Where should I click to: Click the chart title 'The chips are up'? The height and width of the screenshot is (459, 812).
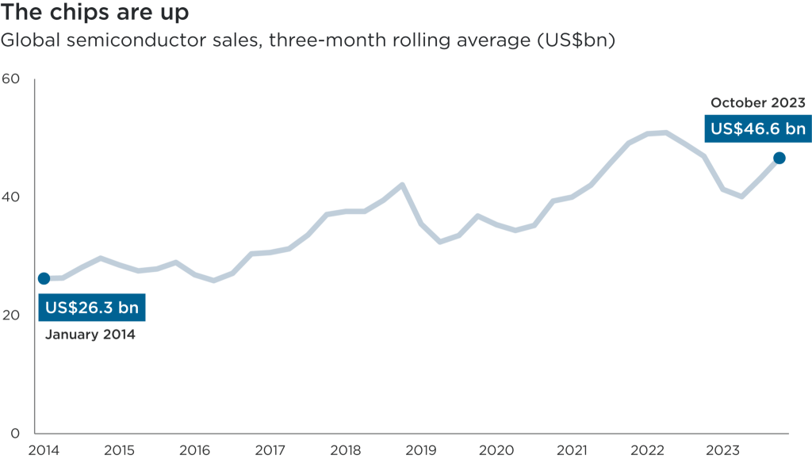(95, 13)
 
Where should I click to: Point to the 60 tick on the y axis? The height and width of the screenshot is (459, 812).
(10, 78)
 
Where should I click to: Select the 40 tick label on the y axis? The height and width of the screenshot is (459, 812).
(10, 197)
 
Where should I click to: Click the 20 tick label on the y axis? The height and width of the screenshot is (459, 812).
(10, 316)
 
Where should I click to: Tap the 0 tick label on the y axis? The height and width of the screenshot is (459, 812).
(15, 434)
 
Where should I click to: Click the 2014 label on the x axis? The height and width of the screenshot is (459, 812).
(44, 450)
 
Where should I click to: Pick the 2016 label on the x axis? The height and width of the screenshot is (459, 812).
(195, 450)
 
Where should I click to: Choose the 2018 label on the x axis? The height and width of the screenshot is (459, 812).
(346, 450)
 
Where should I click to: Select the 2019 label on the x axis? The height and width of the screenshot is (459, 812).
(421, 450)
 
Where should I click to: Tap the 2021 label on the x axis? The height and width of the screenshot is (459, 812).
(572, 450)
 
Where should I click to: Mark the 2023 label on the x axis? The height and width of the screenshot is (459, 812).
(723, 450)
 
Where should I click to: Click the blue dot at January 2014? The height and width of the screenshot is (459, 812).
(44, 278)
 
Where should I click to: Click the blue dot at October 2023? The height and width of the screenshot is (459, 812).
(779, 158)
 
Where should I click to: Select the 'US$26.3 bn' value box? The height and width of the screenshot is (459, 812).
(92, 308)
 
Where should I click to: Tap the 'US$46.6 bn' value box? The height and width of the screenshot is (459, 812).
(757, 128)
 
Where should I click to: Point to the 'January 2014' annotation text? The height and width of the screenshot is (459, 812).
(90, 335)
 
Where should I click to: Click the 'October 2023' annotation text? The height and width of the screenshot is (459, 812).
(757, 102)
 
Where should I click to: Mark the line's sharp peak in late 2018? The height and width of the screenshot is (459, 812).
(402, 185)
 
